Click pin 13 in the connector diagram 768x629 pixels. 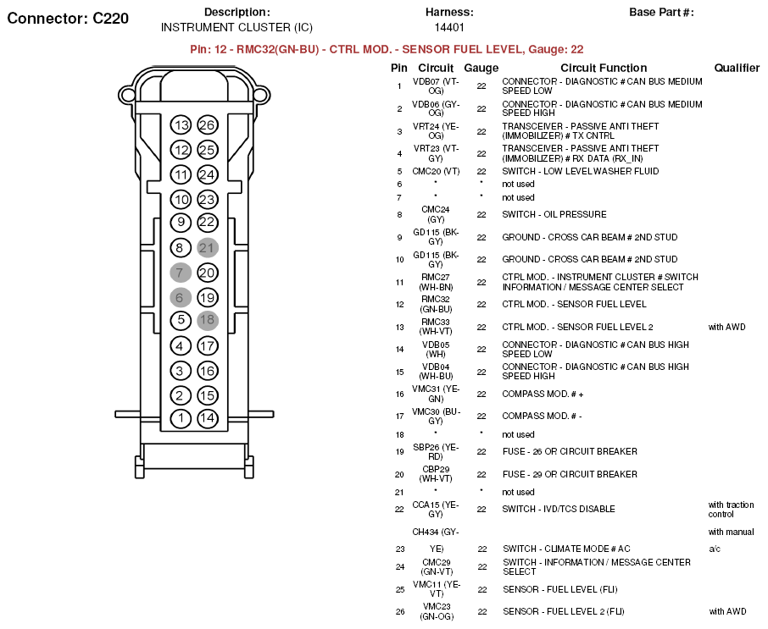(181, 125)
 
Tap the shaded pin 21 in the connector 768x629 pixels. (207, 248)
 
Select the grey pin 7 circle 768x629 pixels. (181, 273)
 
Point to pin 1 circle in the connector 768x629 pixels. (181, 418)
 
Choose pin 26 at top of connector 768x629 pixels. (207, 125)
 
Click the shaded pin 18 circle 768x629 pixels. (207, 320)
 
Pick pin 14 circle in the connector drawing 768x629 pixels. (207, 418)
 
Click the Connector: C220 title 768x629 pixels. (68, 19)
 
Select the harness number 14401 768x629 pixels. (449, 27)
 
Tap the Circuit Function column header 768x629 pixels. (604, 68)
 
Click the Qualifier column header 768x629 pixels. (737, 68)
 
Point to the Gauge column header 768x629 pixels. (481, 68)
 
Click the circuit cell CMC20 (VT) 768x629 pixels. (436, 171)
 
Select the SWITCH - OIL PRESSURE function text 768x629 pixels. (554, 214)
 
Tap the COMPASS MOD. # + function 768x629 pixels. (543, 394)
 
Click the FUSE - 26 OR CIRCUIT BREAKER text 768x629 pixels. (570, 451)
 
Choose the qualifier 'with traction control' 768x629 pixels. (731, 509)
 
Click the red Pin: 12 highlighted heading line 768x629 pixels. (387, 49)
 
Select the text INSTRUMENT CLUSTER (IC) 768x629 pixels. (237, 27)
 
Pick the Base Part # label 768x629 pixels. (661, 13)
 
